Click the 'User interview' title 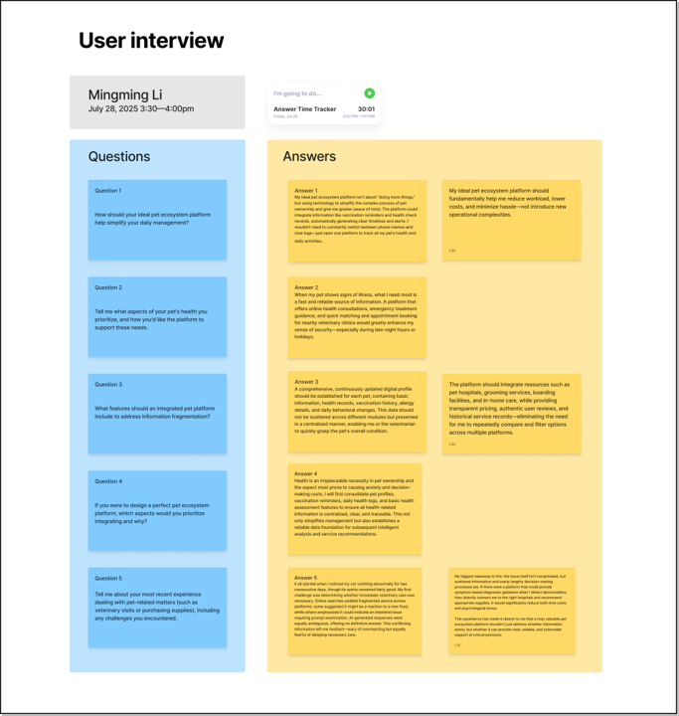pyautogui.click(x=151, y=41)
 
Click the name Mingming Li pyautogui.click(x=125, y=95)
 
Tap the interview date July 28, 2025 pyautogui.click(x=140, y=108)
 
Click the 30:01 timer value pyautogui.click(x=366, y=109)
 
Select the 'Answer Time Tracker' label pyautogui.click(x=304, y=109)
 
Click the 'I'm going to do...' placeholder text pyautogui.click(x=297, y=93)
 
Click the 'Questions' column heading pyautogui.click(x=119, y=156)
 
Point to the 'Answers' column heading pyautogui.click(x=309, y=156)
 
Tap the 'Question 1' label pyautogui.click(x=108, y=191)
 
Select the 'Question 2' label pyautogui.click(x=108, y=287)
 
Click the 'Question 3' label pyautogui.click(x=108, y=385)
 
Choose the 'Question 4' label pyautogui.click(x=108, y=481)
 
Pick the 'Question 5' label pyautogui.click(x=108, y=578)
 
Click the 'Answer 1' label pyautogui.click(x=306, y=190)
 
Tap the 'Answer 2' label pyautogui.click(x=306, y=287)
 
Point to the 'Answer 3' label pyautogui.click(x=306, y=382)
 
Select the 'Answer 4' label pyautogui.click(x=306, y=474)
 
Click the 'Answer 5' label pyautogui.click(x=306, y=578)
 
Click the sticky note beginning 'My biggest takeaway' pyautogui.click(x=511, y=610)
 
